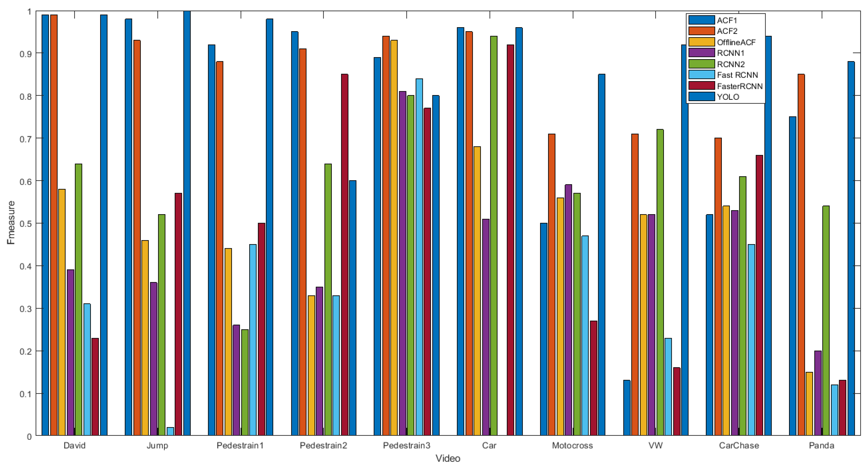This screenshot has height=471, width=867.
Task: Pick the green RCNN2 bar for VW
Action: tap(660, 282)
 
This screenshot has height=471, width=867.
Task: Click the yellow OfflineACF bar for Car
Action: tap(477, 291)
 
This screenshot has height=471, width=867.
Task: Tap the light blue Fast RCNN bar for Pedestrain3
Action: tap(419, 257)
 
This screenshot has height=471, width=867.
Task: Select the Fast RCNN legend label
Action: tap(737, 75)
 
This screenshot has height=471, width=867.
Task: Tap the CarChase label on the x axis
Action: tap(739, 446)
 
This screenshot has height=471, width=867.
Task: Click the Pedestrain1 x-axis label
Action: tap(240, 446)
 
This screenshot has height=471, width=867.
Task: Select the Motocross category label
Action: tap(572, 446)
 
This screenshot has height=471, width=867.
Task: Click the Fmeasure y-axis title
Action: tap(11, 222)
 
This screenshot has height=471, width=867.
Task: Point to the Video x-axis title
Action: tap(448, 458)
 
